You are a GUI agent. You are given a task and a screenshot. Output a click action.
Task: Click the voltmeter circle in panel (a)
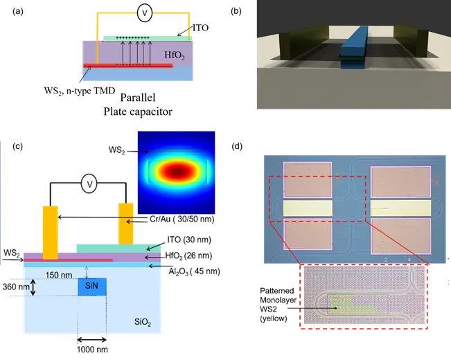(144, 13)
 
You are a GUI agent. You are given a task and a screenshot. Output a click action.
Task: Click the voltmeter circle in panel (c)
(89, 183)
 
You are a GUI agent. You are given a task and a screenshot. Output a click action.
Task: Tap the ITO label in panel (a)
(200, 28)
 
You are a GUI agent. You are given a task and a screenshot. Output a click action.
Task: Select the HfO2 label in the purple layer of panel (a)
(175, 55)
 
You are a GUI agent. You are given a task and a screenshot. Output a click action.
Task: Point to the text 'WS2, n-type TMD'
(80, 91)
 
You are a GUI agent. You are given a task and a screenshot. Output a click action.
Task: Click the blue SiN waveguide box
(92, 287)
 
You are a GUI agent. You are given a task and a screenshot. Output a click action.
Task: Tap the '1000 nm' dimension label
(92, 350)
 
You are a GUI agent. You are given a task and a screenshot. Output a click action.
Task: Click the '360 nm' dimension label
(16, 287)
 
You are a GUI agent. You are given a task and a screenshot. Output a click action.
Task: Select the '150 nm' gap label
(59, 275)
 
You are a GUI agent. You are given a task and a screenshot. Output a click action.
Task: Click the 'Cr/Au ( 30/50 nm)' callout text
(182, 219)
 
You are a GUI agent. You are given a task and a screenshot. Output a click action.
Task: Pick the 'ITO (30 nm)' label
(189, 240)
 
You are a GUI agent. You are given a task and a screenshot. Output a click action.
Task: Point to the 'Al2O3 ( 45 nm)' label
(194, 271)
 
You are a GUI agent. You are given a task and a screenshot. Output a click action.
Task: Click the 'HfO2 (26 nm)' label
(188, 256)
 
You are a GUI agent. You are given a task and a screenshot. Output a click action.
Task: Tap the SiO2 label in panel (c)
(143, 322)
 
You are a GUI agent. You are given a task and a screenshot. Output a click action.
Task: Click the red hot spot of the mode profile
(176, 172)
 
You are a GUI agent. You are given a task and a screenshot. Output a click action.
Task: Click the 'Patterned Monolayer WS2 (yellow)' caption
(278, 305)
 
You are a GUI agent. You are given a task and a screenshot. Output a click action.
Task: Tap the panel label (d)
(237, 146)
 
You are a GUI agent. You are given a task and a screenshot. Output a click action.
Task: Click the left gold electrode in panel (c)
(51, 233)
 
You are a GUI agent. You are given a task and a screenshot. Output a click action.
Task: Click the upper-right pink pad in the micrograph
(400, 181)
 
